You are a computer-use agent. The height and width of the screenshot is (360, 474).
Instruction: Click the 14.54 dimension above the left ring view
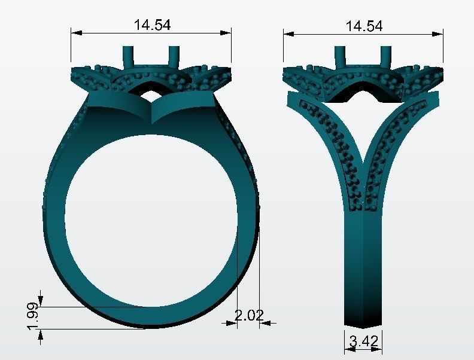tap(152, 25)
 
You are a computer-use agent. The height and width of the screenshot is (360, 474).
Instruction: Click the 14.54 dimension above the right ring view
tap(364, 26)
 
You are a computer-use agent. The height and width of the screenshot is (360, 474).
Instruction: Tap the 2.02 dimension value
tap(248, 315)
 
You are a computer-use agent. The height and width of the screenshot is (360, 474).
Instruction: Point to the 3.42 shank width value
tap(363, 341)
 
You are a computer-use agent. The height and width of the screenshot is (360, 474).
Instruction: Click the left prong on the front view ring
tap(128, 57)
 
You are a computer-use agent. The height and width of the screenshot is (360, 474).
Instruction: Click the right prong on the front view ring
tap(174, 57)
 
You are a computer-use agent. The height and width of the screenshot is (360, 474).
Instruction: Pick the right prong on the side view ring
tap(386, 57)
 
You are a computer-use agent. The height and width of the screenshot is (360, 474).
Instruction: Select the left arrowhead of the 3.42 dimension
tap(348, 349)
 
